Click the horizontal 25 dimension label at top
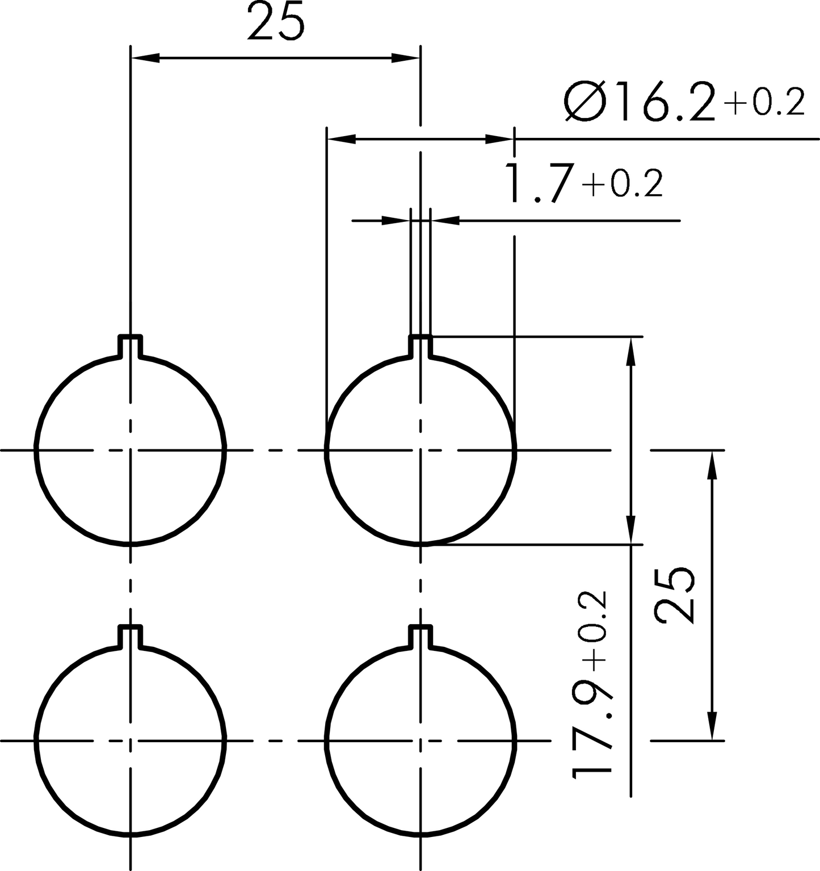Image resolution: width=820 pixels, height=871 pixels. pyautogui.click(x=276, y=22)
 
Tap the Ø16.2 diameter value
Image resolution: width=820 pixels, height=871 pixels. pyautogui.click(x=640, y=102)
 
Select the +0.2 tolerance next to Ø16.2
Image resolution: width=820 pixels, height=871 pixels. pyautogui.click(x=764, y=103)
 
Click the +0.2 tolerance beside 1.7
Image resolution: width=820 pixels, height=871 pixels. pyautogui.click(x=621, y=184)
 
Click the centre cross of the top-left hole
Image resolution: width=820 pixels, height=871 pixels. pyautogui.click(x=131, y=451)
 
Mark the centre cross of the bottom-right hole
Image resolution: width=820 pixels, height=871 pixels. pyautogui.click(x=420, y=740)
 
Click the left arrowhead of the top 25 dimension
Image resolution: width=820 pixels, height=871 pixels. pyautogui.click(x=145, y=58)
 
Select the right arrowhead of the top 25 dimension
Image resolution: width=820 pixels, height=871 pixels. pyautogui.click(x=406, y=58)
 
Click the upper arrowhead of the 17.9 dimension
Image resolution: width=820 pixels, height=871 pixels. pyautogui.click(x=631, y=351)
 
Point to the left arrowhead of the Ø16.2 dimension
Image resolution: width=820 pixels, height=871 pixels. pyautogui.click(x=341, y=138)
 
